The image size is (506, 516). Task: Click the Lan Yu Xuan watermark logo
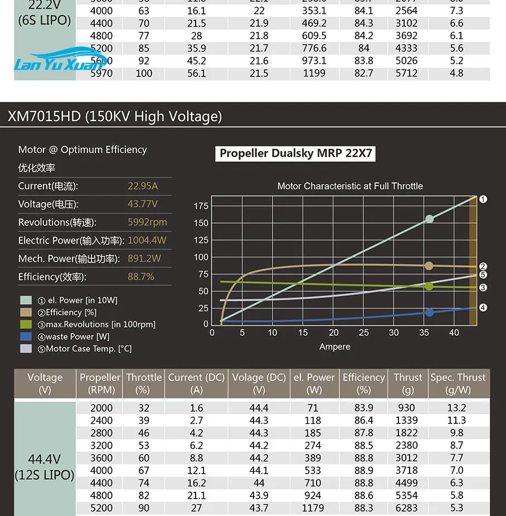[58, 61]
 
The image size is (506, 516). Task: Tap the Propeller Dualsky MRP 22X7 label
[295, 153]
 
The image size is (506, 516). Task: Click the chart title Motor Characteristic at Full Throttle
[350, 186]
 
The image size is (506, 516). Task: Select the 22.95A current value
[143, 186]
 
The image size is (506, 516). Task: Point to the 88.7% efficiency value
[141, 277]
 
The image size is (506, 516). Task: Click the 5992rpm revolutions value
[147, 222]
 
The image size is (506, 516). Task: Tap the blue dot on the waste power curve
[429, 312]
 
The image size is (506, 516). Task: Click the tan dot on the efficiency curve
[429, 266]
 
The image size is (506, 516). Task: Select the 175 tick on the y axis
[201, 206]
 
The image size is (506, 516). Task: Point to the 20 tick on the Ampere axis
[333, 332]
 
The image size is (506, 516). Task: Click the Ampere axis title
[335, 347]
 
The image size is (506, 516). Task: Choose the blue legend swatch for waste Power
[26, 336]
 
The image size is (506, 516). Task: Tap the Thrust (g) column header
[408, 383]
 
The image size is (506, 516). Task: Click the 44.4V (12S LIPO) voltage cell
[45, 467]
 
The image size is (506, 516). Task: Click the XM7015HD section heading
[115, 116]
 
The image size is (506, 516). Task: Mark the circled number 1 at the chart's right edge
[483, 199]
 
